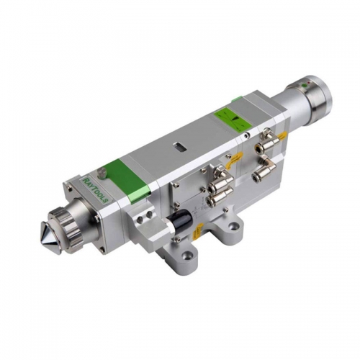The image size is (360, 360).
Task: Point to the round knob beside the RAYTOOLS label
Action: (x=103, y=172)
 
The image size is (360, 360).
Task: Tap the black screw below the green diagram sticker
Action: (x=245, y=135)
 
